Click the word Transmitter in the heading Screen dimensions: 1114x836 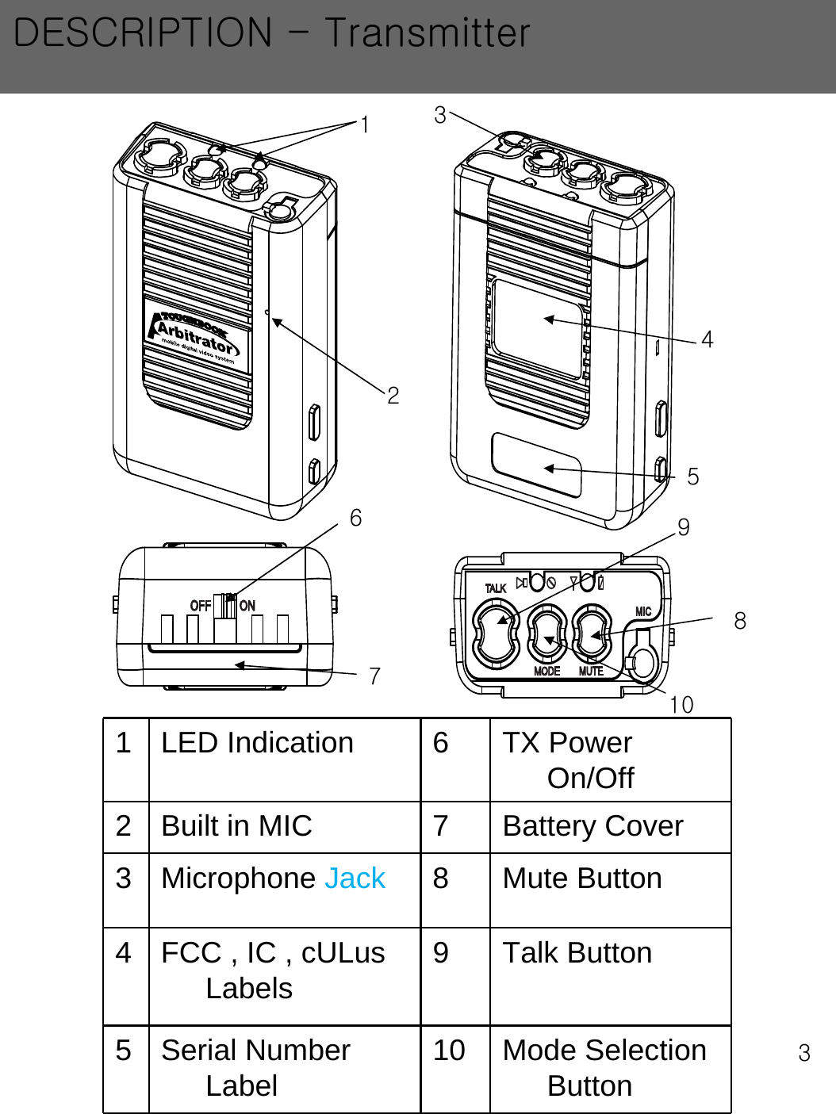point(427,33)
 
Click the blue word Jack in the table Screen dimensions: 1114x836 point(355,879)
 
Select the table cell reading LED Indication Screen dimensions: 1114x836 point(257,743)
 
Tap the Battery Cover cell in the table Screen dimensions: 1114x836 point(592,826)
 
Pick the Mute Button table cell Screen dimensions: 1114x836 point(582,879)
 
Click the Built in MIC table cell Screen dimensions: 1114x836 point(236,826)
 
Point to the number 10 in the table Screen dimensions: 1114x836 point(449,1051)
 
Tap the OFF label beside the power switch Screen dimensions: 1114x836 point(200,606)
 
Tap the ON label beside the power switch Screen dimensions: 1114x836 point(247,606)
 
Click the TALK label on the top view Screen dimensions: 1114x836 point(496,588)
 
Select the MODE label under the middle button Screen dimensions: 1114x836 point(546,671)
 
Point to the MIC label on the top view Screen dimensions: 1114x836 point(643,611)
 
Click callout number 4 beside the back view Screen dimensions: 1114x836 point(707,339)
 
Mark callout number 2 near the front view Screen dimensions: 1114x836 point(393,395)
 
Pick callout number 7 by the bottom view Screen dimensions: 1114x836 point(374,676)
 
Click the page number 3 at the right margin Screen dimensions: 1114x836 point(804,1053)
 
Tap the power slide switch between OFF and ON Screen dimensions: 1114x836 point(226,606)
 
